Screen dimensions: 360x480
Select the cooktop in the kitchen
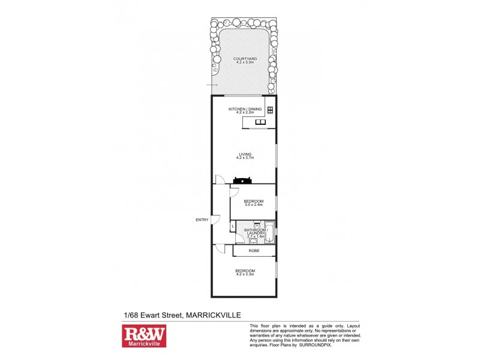pyautogui.click(x=270, y=110)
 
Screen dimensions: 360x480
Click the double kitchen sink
pyautogui.click(x=260, y=122)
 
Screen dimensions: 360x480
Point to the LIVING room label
pyautogui.click(x=245, y=156)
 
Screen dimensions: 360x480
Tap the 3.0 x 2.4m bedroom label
pyautogui.click(x=253, y=203)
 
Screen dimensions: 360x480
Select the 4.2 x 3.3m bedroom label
pyautogui.click(x=245, y=272)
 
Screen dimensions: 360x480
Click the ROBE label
pyautogui.click(x=254, y=250)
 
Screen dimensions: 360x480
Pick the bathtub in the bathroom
pyautogui.click(x=270, y=232)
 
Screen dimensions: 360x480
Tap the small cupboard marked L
pyautogui.click(x=233, y=226)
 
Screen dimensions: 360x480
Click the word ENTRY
pyautogui.click(x=202, y=220)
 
